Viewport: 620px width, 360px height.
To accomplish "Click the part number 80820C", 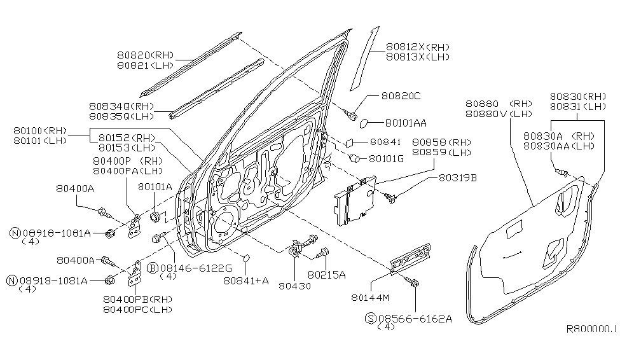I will [401, 96].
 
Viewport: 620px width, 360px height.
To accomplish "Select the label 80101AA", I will [406, 122].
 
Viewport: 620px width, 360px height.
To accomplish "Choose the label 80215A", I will [326, 275].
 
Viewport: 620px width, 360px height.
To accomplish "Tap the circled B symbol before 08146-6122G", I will [153, 268].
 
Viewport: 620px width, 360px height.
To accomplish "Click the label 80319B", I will [457, 178].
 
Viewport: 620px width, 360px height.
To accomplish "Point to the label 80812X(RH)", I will [418, 47].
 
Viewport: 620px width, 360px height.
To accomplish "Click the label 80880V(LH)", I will [498, 114].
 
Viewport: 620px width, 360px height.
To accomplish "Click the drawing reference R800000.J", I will [591, 329].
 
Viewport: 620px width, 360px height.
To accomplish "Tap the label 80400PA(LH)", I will [128, 170].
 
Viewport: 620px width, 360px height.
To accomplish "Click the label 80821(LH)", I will [147, 66].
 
